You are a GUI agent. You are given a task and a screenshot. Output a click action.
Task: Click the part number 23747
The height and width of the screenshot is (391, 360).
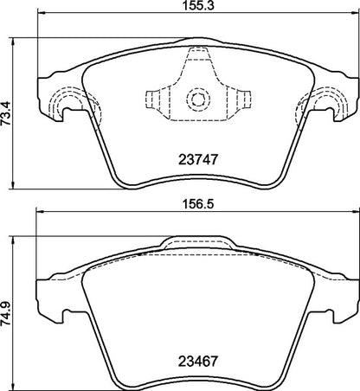pos(196,160)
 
